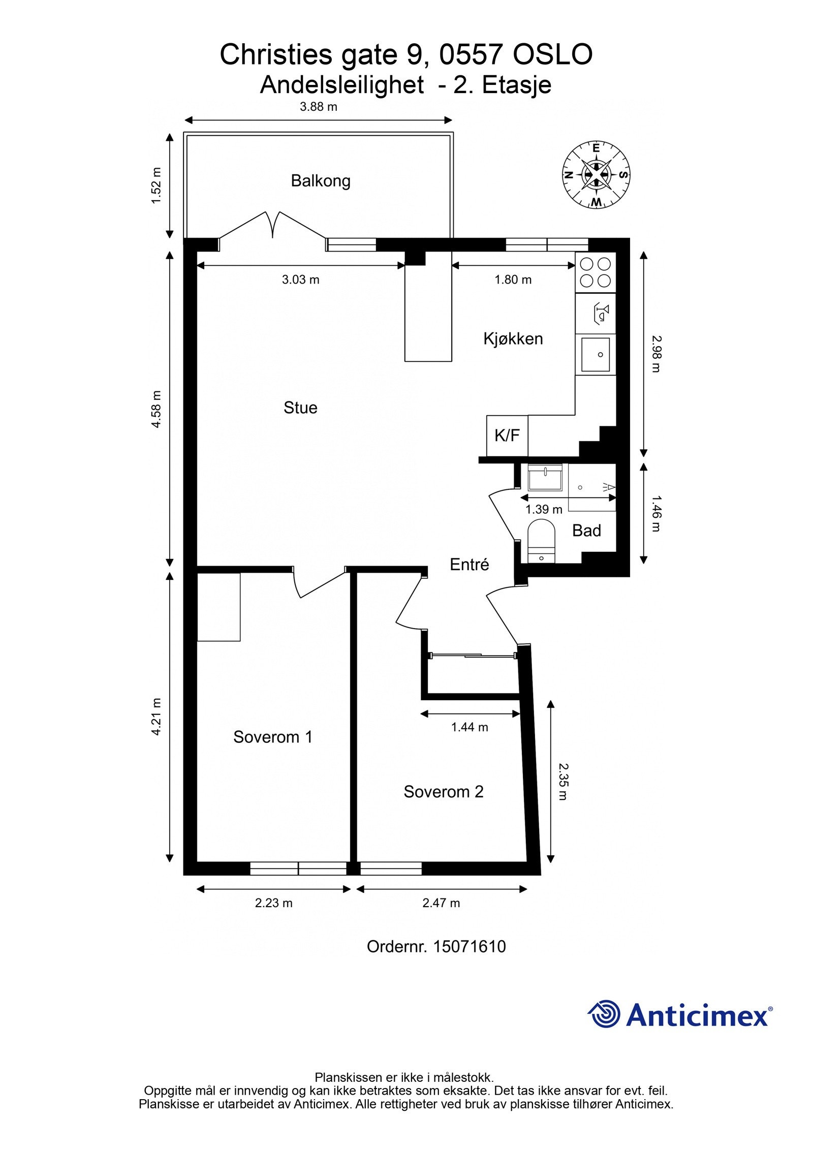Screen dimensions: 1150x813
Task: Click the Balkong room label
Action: pos(320,181)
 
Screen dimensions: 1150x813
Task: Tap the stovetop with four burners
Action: pos(595,272)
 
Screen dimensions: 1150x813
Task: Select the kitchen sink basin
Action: pos(595,354)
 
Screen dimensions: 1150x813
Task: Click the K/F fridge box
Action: pos(507,436)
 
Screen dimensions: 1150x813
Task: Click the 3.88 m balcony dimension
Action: pos(318,107)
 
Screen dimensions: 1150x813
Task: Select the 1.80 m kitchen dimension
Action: pos(513,279)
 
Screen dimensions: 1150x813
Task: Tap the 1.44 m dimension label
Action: pos(469,727)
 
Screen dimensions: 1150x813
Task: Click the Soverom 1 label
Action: pos(272,737)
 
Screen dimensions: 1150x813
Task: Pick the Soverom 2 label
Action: pos(443,791)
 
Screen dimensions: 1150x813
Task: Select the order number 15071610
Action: pos(469,946)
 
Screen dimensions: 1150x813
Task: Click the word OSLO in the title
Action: pos(552,54)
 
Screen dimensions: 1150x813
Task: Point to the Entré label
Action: pos(469,564)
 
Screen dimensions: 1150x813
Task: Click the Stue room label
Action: pos(300,407)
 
